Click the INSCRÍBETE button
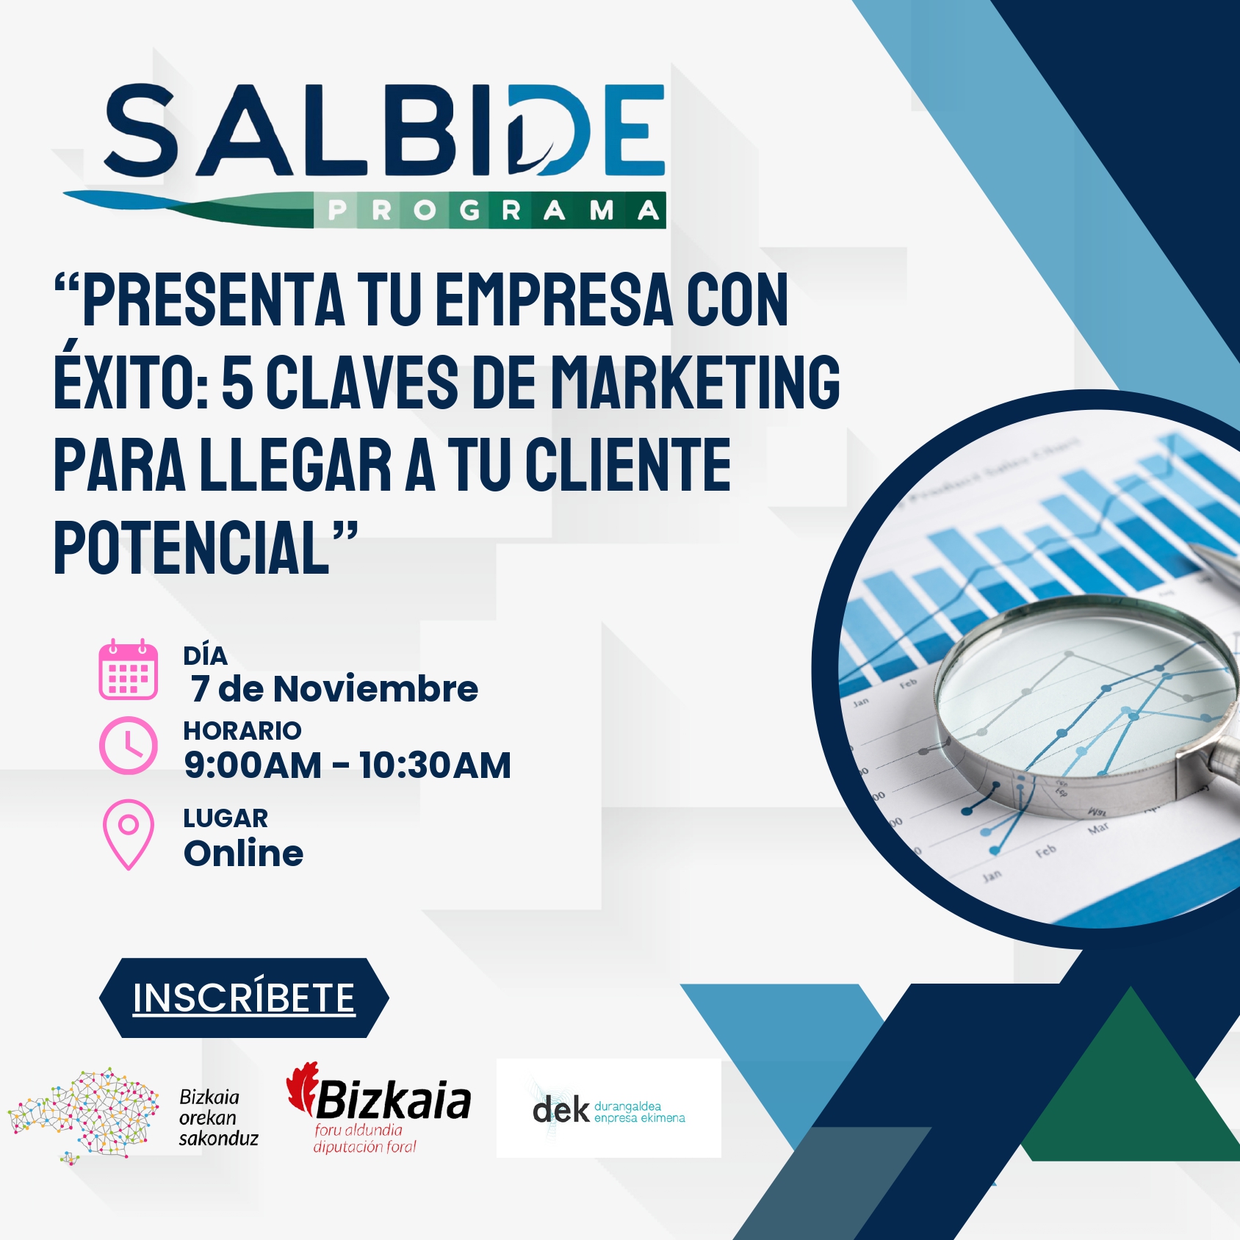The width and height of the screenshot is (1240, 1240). pyautogui.click(x=244, y=998)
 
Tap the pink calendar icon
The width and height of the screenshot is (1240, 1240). pyautogui.click(x=129, y=669)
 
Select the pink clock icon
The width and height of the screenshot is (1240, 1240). pyautogui.click(x=129, y=746)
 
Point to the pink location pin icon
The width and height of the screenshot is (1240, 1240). pyautogui.click(x=129, y=835)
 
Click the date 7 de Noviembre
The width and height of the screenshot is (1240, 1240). pyautogui.click(x=334, y=688)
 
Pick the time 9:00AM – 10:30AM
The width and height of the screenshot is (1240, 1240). pyautogui.click(x=347, y=765)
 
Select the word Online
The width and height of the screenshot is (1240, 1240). pyautogui.click(x=244, y=853)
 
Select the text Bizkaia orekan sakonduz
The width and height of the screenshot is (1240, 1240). pyautogui.click(x=218, y=1118)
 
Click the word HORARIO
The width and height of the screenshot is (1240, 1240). pyautogui.click(x=242, y=730)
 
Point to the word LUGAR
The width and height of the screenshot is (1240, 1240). pyautogui.click(x=226, y=818)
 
